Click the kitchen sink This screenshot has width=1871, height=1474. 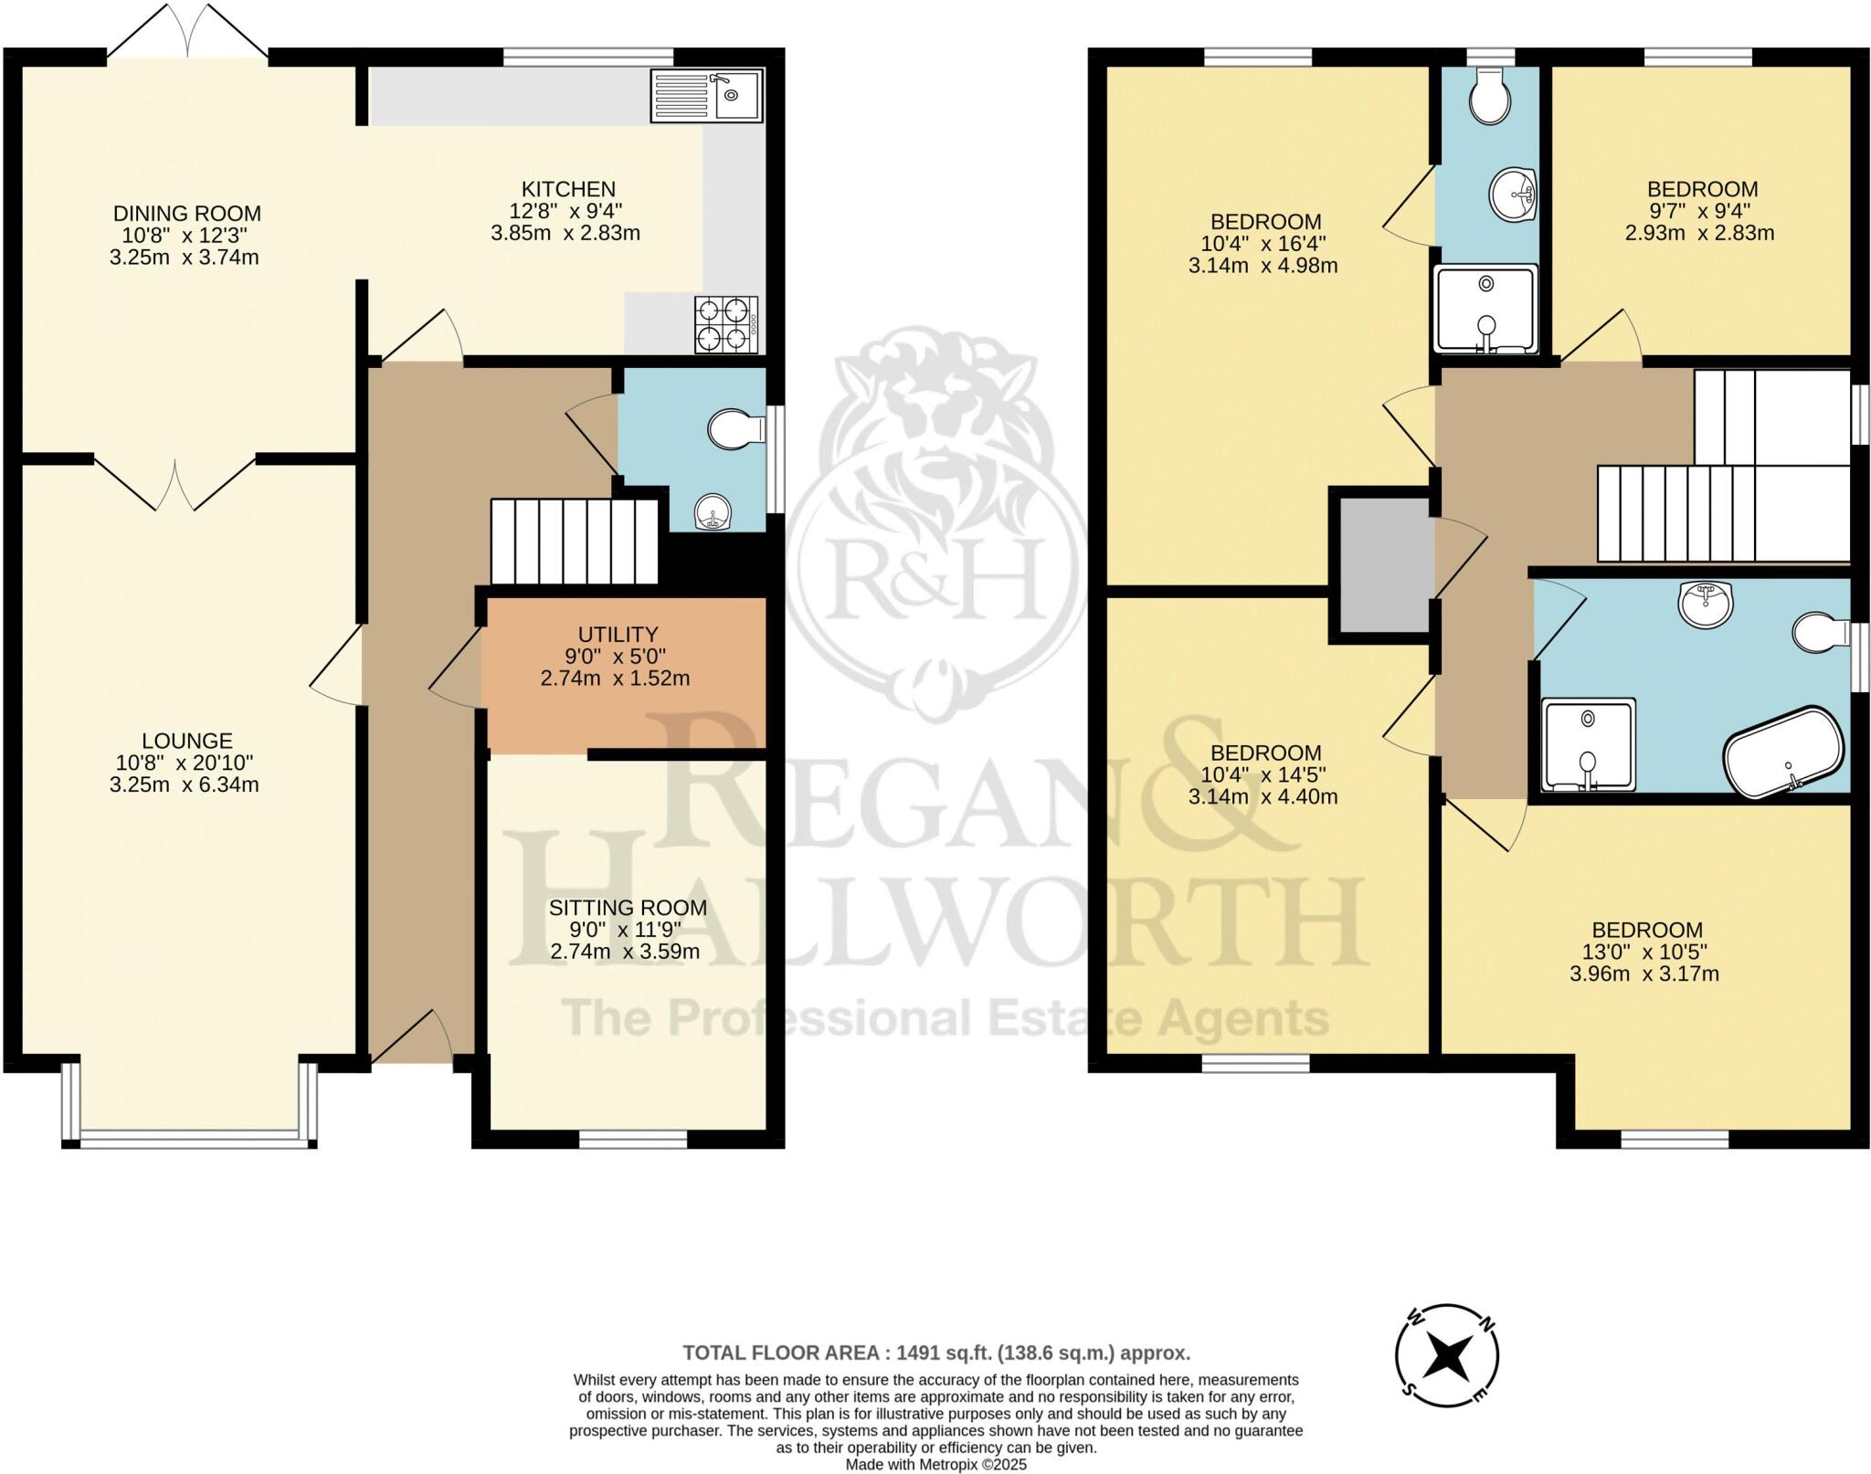pyautogui.click(x=706, y=96)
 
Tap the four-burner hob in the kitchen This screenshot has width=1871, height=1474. pyautogui.click(x=726, y=325)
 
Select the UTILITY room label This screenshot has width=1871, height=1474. pyautogui.click(x=618, y=634)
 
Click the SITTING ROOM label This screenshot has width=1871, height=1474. pyautogui.click(x=628, y=908)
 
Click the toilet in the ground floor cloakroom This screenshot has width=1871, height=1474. pyautogui.click(x=735, y=429)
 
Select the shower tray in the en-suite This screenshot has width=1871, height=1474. pyautogui.click(x=1486, y=309)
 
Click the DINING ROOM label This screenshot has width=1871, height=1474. pyautogui.click(x=186, y=214)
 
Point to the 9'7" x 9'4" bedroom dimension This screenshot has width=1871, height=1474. pyautogui.click(x=1701, y=211)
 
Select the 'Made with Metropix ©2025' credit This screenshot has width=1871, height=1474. pyautogui.click(x=935, y=1464)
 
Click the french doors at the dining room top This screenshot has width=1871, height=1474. pyautogui.click(x=187, y=37)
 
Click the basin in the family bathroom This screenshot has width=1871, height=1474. pyautogui.click(x=1704, y=605)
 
